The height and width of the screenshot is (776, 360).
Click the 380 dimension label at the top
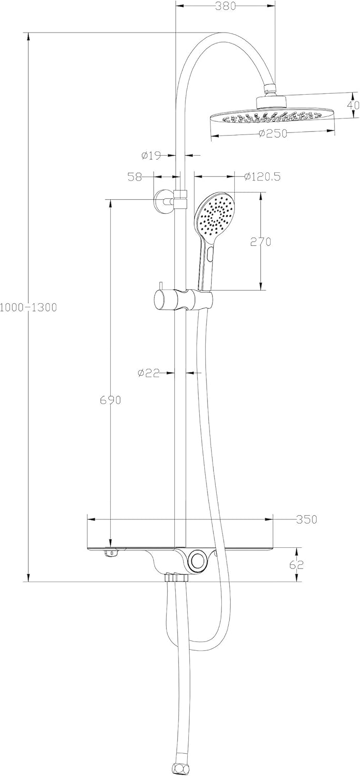tap(226, 6)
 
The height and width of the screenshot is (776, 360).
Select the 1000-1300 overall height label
tap(28, 307)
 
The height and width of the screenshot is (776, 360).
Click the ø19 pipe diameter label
tap(151, 154)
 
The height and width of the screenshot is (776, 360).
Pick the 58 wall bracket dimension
tap(135, 176)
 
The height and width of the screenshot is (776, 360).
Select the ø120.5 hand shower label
tap(262, 176)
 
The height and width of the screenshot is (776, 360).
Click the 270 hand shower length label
tap(260, 242)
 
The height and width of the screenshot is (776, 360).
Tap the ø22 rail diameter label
tap(148, 372)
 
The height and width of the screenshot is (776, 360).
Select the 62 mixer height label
tap(297, 564)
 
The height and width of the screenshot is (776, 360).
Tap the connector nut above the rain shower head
tap(271, 89)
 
